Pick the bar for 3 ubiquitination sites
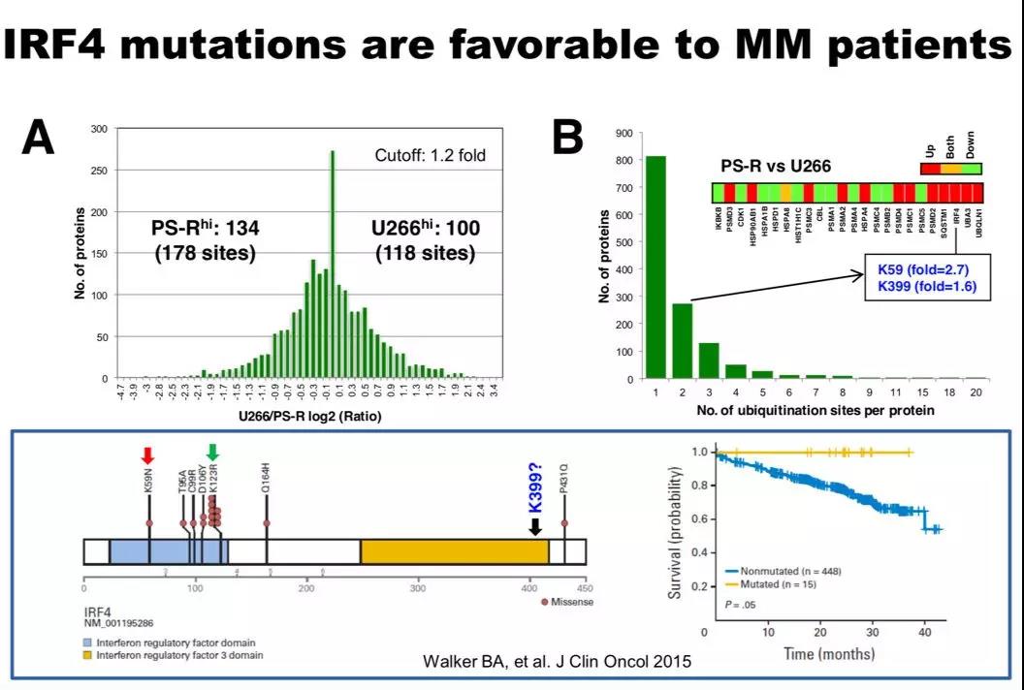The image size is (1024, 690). [x=709, y=361]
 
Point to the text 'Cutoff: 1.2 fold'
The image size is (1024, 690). [x=431, y=155]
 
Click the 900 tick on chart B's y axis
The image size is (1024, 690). [x=624, y=132]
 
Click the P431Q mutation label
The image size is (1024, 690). [x=564, y=493]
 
